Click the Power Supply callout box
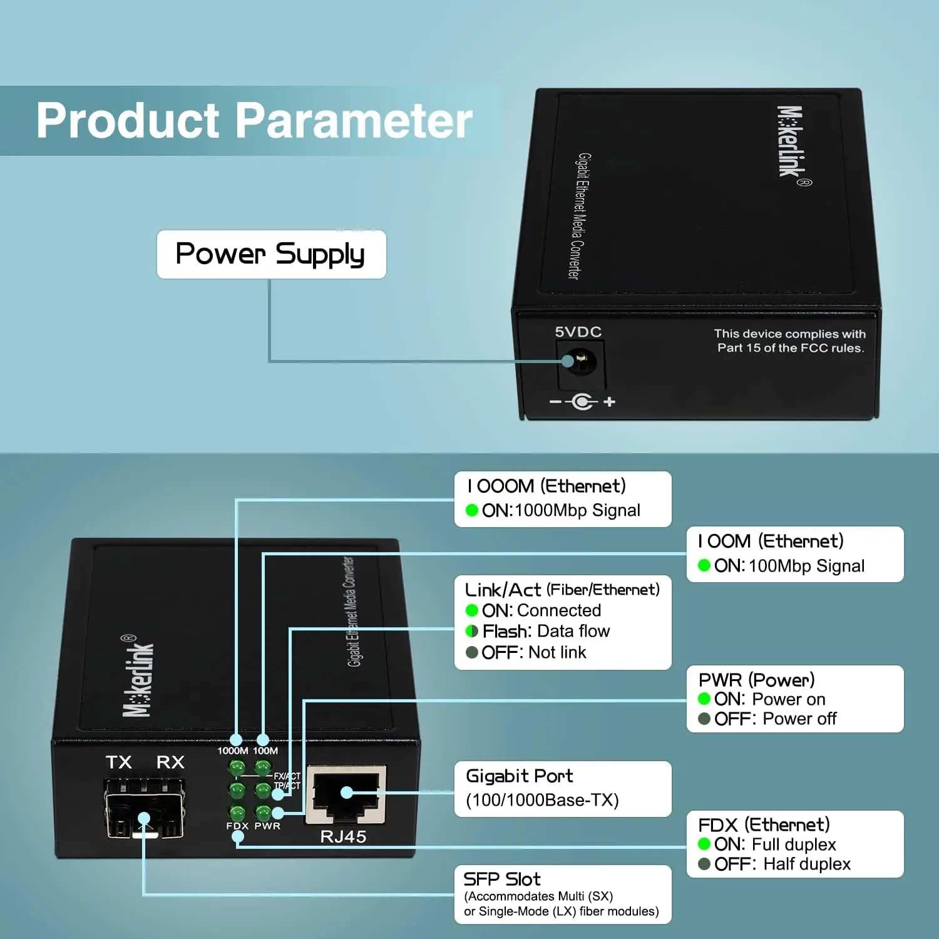coord(271,254)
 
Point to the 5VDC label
coord(578,332)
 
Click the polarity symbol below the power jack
coord(582,401)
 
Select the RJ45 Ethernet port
coord(346,793)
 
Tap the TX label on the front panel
coord(118,762)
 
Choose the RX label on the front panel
coord(170,762)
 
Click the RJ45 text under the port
coord(343,836)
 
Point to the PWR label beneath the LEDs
coord(267,826)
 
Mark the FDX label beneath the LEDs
coord(237,826)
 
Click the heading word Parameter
coord(354,120)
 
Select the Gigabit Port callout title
coord(519,776)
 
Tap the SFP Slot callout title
coord(501,879)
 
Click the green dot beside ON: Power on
coord(704,699)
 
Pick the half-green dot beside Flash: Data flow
coord(472,631)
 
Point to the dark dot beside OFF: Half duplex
coord(704,864)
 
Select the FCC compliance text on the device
coord(790,341)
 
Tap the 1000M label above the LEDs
coord(232,751)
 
